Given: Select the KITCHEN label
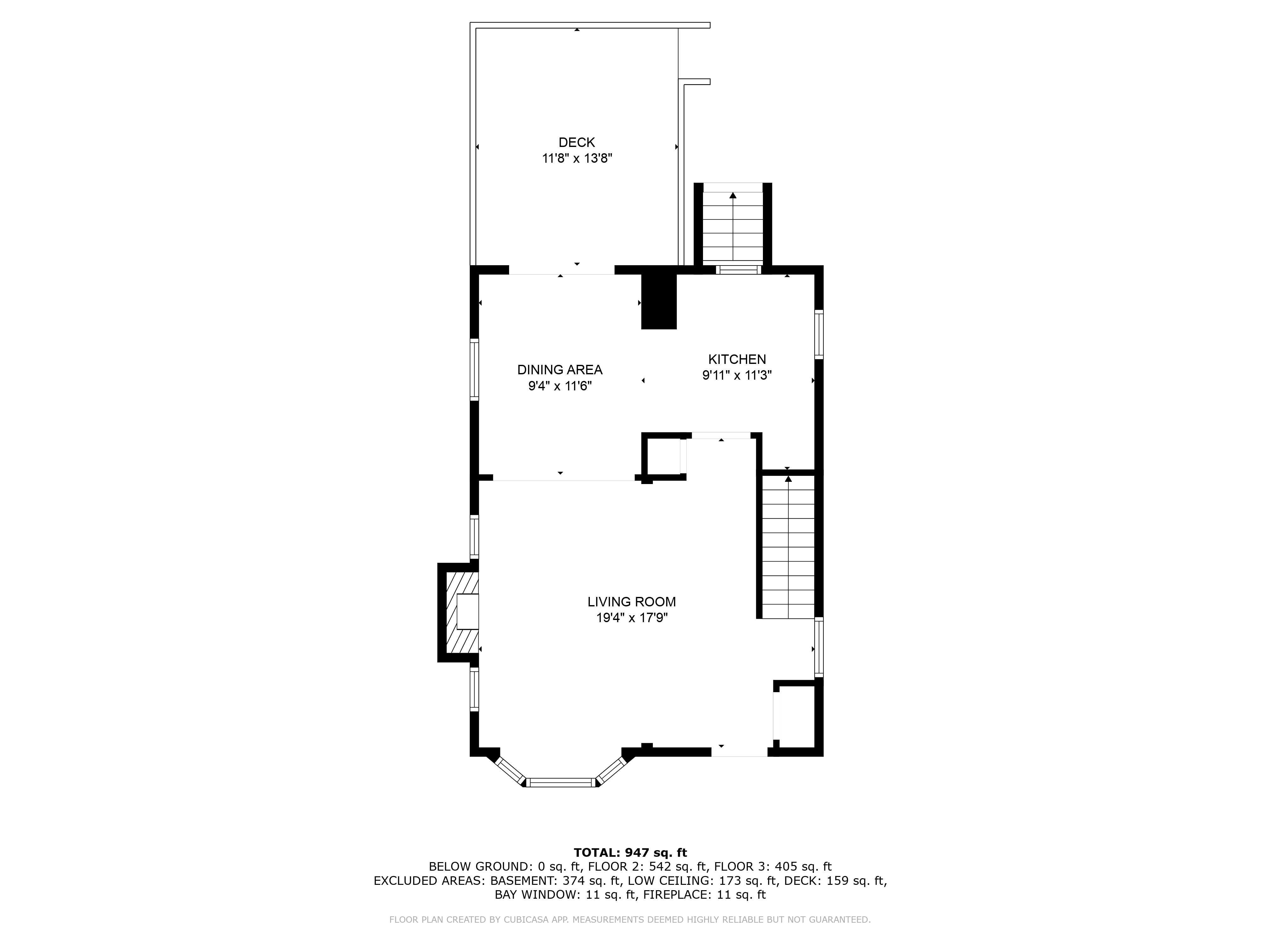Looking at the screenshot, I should (x=736, y=359).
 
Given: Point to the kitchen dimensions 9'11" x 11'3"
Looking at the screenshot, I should (x=736, y=375).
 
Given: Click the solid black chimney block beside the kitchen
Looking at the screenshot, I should (x=659, y=302).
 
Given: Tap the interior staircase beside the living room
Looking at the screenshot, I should (x=788, y=547).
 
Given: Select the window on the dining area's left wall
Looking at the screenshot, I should (x=474, y=370).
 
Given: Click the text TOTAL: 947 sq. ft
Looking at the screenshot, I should (x=630, y=852).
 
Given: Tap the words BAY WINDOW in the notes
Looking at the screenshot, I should (x=536, y=895).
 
